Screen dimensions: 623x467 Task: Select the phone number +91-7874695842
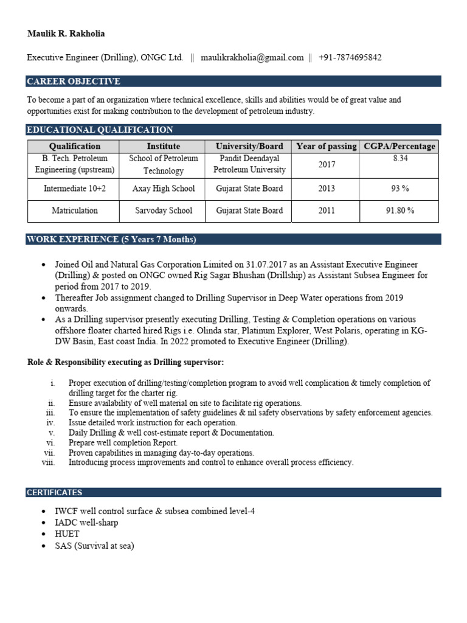point(350,58)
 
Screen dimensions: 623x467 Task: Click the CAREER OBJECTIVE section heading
point(74,82)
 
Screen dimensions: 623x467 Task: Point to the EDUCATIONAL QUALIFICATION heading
point(100,130)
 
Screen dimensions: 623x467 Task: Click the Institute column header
point(164,146)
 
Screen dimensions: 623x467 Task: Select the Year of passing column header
point(326,146)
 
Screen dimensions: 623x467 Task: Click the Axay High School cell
point(164,189)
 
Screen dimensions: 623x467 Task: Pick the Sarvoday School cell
point(164,211)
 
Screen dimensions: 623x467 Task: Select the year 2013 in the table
point(326,189)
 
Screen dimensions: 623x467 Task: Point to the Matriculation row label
point(75,211)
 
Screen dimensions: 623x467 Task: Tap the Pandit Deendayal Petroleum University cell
point(249,164)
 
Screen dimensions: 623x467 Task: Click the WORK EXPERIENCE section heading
point(111,239)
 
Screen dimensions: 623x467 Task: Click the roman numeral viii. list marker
point(49,462)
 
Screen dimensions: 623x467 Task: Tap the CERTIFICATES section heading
point(54,492)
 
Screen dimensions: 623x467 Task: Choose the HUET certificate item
point(67,534)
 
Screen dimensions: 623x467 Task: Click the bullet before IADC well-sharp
point(43,523)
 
